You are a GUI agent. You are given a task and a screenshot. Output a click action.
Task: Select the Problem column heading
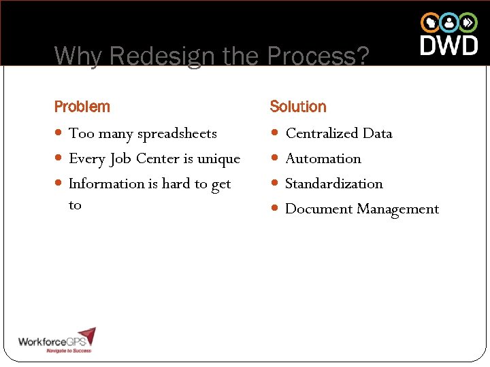click(82, 107)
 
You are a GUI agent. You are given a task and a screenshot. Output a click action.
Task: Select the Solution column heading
click(298, 107)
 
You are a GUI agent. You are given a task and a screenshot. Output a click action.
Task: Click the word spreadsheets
click(177, 134)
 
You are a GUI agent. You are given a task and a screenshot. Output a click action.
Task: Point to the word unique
click(218, 159)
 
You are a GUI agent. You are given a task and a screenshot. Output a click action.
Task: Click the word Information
click(107, 183)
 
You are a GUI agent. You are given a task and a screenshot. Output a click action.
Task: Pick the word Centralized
click(322, 133)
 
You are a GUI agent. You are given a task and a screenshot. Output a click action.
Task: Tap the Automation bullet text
click(323, 158)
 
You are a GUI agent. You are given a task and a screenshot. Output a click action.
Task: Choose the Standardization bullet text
click(334, 183)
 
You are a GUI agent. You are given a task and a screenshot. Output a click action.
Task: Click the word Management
click(400, 209)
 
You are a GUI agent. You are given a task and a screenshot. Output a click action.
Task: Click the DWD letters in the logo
click(449, 46)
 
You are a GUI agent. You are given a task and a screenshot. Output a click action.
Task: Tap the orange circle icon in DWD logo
click(430, 22)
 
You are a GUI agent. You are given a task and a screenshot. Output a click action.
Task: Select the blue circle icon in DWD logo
click(449, 22)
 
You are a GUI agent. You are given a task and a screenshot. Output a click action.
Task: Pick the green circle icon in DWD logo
click(468, 22)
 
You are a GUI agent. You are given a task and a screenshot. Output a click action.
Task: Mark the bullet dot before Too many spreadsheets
click(60, 133)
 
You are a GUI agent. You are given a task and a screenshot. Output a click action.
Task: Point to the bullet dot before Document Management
click(276, 209)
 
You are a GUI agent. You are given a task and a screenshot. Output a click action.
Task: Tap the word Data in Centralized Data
click(377, 133)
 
